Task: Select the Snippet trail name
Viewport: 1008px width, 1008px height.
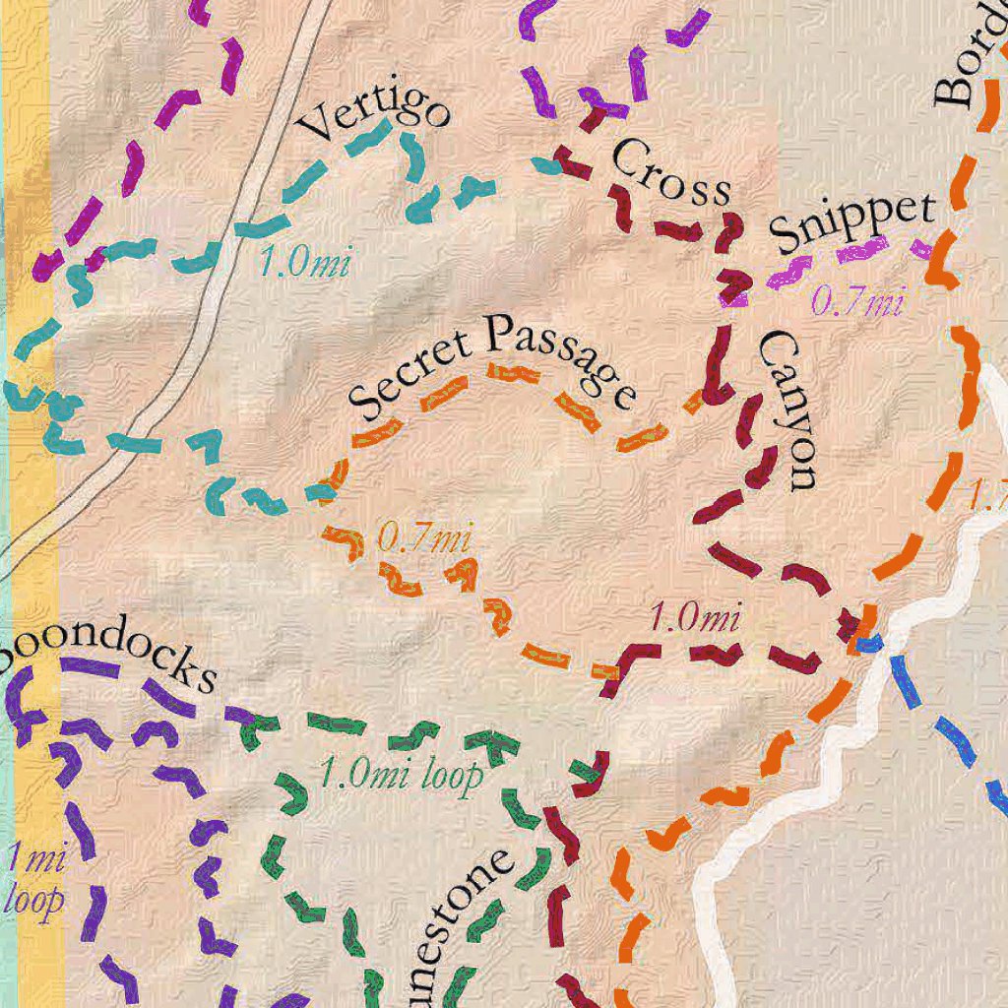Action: pos(851,222)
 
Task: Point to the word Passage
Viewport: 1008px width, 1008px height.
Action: pos(560,358)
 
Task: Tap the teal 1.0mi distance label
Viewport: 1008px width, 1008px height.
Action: pos(304,263)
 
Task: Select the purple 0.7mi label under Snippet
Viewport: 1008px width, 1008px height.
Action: pos(856,301)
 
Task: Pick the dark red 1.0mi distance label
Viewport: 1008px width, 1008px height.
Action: pos(694,618)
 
